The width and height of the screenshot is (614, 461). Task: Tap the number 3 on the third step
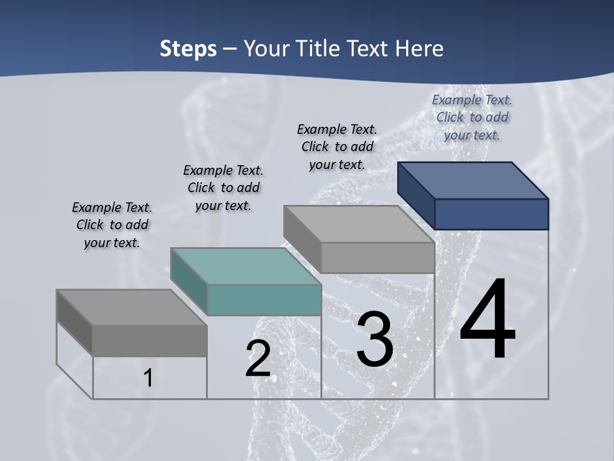[x=375, y=339]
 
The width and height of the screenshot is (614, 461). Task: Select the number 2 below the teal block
[x=258, y=359]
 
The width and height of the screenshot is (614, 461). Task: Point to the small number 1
[x=148, y=378]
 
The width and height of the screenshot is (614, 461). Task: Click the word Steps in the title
[x=188, y=49]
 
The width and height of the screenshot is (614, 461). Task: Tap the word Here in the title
[x=420, y=49]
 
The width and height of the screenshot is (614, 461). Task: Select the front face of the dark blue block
[x=491, y=214]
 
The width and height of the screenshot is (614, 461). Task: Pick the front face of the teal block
[x=264, y=300]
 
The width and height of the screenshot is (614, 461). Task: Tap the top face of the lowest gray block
[x=132, y=307]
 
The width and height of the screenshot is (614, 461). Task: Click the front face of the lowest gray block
[x=150, y=341]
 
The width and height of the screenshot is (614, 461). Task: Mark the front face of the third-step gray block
[x=377, y=257]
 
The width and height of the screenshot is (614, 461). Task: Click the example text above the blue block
[x=472, y=117]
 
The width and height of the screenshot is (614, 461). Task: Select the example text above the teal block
[x=223, y=188]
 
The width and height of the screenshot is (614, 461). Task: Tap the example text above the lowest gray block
[x=112, y=225]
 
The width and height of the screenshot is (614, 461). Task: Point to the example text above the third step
[x=337, y=147]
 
